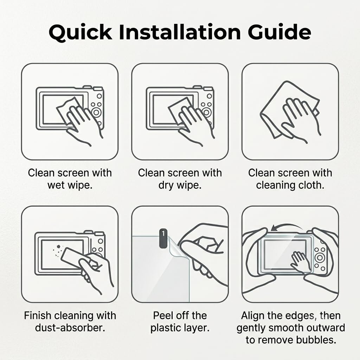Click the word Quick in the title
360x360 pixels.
[x=81, y=32]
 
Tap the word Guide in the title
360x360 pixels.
[x=279, y=32]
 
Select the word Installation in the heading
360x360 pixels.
[x=180, y=32]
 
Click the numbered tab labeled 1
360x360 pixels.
[x=163, y=238]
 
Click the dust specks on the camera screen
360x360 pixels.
[x=57, y=250]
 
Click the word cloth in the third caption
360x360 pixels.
[x=312, y=185]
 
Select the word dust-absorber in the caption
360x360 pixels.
[x=70, y=328]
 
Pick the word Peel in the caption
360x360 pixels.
[x=162, y=315]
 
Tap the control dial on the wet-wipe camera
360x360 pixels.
[x=96, y=112]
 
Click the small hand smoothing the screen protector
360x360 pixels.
[x=301, y=262]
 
